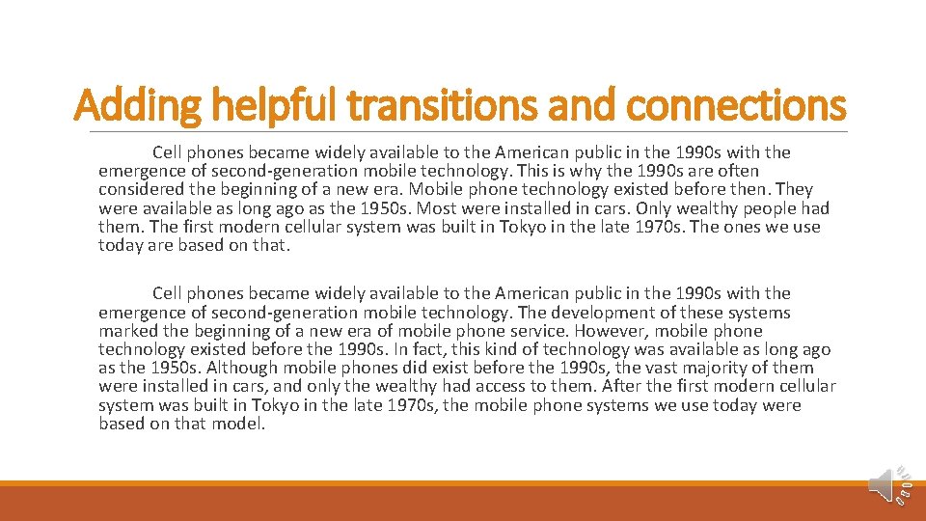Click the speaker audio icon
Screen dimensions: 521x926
[883, 484]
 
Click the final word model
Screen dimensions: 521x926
[237, 424]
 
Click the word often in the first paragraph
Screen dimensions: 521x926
[736, 171]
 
